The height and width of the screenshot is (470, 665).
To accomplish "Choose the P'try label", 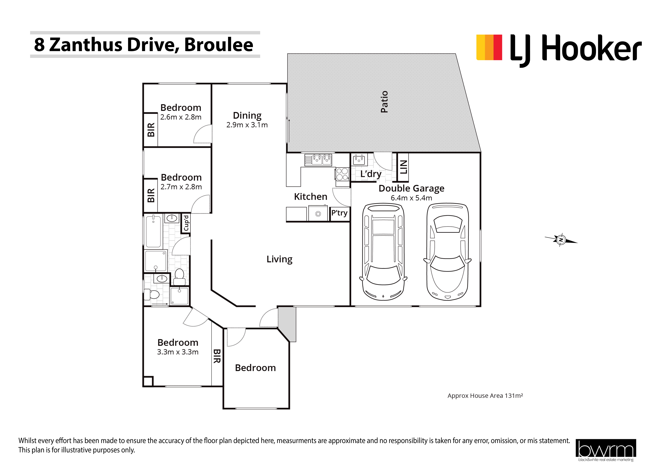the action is (x=339, y=213).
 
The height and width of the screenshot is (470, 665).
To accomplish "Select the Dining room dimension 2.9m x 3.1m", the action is (x=247, y=125).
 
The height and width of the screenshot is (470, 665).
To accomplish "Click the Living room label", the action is (x=279, y=259).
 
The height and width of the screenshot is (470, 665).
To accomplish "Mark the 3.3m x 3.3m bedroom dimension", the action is (x=178, y=352).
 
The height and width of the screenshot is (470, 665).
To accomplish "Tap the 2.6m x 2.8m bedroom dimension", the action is (x=181, y=117).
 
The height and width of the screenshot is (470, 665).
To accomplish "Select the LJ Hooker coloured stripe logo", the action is (x=489, y=48).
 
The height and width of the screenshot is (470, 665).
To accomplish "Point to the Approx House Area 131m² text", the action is (x=485, y=396).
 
